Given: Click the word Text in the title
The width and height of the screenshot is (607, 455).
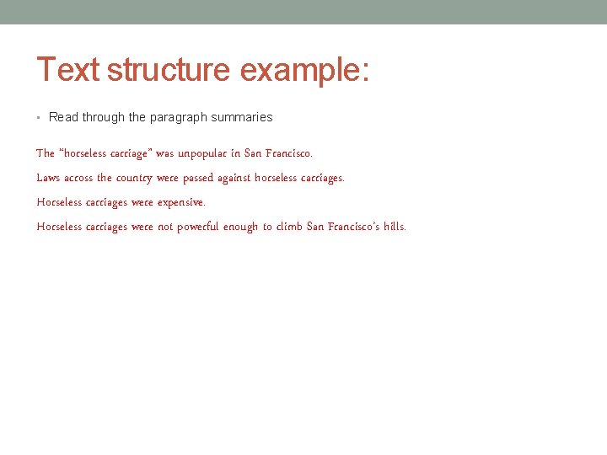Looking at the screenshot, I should coord(68,70).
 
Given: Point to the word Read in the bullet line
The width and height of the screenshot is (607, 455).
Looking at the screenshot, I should coord(63,117).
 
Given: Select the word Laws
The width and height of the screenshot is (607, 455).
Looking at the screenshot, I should coord(49,178).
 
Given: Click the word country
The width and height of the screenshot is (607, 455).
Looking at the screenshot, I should coord(134,178).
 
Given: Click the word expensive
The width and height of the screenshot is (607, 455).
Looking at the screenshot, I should coord(181,202).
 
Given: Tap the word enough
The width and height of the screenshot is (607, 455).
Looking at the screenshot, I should coord(240,227).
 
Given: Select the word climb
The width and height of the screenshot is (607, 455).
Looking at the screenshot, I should coord(290,227).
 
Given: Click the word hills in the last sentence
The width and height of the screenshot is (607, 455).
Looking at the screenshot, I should coord(394,227).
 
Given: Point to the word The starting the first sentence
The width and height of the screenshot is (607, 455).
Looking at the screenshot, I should coord(46,153).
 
